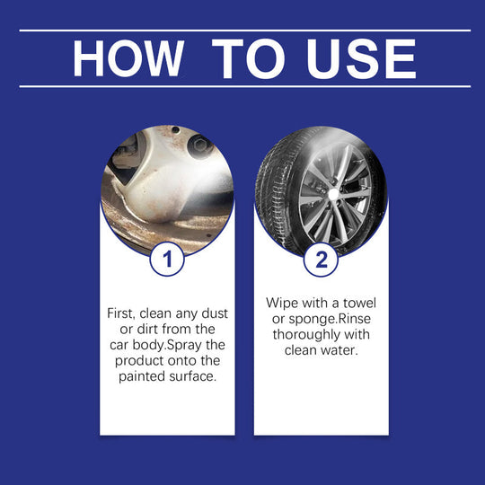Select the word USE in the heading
[361, 58]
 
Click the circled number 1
[167, 260]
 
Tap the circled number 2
[321, 260]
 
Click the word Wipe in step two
[283, 304]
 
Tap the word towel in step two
[356, 304]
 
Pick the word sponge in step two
[304, 320]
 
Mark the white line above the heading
[242, 31]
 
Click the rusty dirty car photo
[167, 184]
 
